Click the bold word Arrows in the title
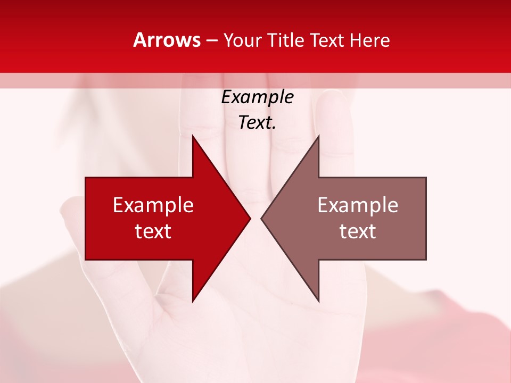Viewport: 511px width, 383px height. click(167, 40)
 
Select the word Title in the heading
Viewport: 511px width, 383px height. click(287, 40)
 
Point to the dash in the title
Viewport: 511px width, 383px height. click(212, 41)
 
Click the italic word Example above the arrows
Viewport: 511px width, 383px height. click(257, 97)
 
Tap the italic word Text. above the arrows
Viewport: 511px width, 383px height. click(257, 123)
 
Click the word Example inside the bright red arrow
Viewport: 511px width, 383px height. click(153, 205)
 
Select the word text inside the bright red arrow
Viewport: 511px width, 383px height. click(153, 231)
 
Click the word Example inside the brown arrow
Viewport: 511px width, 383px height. click(358, 205)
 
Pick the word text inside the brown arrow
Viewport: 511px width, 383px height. click(358, 231)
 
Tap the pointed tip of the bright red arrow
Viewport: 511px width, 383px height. click(250, 218)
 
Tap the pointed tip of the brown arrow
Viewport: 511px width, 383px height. click(262, 218)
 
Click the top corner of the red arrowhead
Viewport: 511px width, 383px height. click(193, 136)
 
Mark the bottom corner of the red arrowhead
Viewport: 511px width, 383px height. click(193, 301)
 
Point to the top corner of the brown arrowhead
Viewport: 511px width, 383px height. click(318, 136)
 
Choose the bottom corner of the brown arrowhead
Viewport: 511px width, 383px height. click(318, 301)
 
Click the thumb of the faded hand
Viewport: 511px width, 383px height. click(75, 223)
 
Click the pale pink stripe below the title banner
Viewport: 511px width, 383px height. click(256, 80)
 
